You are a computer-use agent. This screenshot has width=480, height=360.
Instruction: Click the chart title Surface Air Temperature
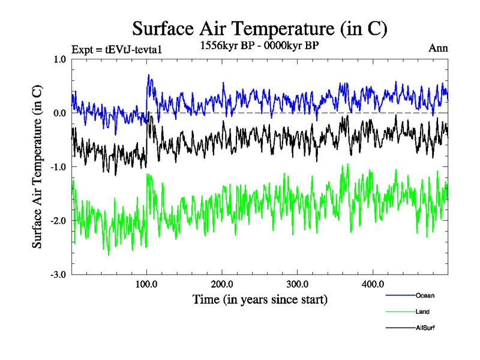(x=259, y=28)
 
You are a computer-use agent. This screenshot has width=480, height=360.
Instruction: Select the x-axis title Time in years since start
(x=260, y=298)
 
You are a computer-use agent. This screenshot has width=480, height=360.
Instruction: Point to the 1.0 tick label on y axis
(x=59, y=59)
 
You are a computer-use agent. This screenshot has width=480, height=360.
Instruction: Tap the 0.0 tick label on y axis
(x=59, y=113)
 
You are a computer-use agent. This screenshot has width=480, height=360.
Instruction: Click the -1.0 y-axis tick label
(x=58, y=167)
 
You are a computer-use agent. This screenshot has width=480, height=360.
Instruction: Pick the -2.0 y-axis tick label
(x=58, y=221)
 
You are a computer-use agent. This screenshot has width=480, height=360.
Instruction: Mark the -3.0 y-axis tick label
(x=58, y=275)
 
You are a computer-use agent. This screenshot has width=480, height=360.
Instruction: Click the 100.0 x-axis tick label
(x=147, y=284)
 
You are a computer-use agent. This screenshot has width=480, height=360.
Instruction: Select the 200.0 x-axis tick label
(x=222, y=284)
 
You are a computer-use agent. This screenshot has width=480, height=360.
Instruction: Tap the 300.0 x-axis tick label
(x=298, y=284)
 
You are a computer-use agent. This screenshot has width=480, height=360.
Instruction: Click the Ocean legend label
(x=425, y=295)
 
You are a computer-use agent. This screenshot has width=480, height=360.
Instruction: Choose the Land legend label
(x=422, y=312)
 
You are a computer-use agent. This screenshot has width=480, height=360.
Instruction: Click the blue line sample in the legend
(x=399, y=295)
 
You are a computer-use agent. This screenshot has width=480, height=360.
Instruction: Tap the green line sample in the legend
(x=399, y=312)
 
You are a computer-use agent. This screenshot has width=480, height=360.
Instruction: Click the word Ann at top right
(x=439, y=48)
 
